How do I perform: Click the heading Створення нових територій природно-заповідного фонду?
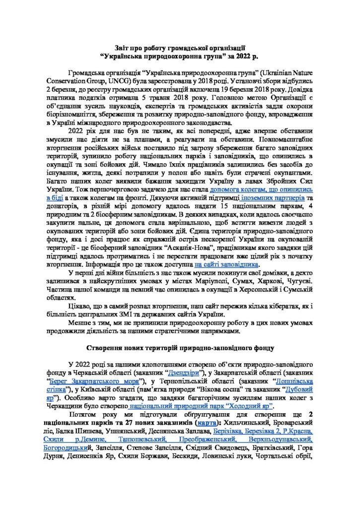click(x=180, y=346)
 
